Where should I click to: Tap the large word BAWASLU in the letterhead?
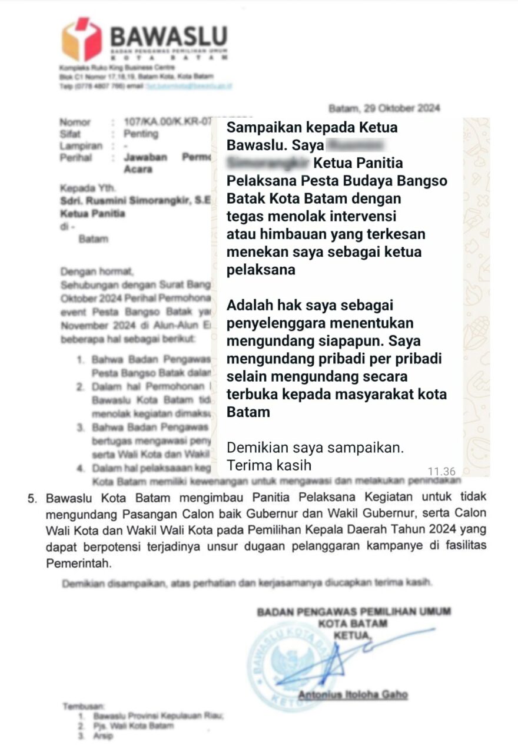pyautogui.click(x=168, y=37)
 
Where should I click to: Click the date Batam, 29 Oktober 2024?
pyautogui.click(x=384, y=108)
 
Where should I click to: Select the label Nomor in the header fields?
pyautogui.click(x=75, y=122)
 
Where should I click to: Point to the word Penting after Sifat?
pyautogui.click(x=141, y=134)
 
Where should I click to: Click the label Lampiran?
pyautogui.click(x=81, y=145)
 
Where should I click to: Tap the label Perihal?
pyautogui.click(x=76, y=157)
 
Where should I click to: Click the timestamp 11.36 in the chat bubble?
pyautogui.click(x=441, y=471)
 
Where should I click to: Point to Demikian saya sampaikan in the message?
pyautogui.click(x=315, y=447)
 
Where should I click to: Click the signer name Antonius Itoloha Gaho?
pyautogui.click(x=352, y=695)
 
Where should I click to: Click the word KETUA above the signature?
pyautogui.click(x=353, y=635)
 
